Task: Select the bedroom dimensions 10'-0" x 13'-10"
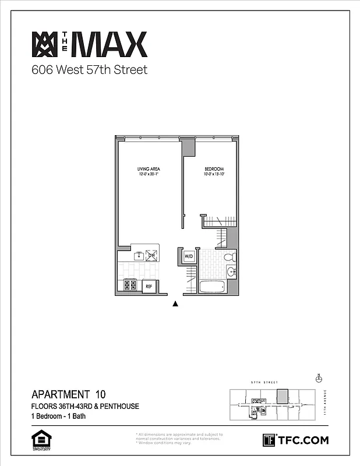click(214, 174)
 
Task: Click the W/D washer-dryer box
click(189, 256)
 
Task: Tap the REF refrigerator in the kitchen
click(149, 286)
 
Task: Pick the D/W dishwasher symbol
click(151, 255)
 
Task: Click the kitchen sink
click(140, 255)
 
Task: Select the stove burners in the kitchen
click(130, 285)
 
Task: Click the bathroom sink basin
click(231, 271)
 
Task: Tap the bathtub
click(212, 287)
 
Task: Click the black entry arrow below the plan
click(175, 303)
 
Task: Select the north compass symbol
click(318, 379)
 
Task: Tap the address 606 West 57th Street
click(89, 70)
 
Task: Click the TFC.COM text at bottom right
click(303, 440)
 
